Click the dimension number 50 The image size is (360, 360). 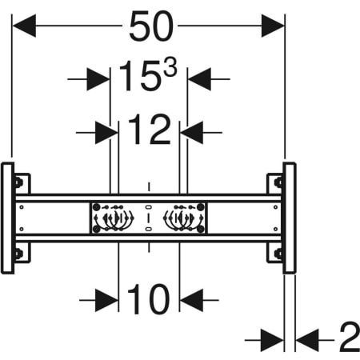151,26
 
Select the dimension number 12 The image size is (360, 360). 150,130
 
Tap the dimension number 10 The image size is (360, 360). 148,298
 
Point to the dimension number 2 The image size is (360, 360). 350,337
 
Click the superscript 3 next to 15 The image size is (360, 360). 170,68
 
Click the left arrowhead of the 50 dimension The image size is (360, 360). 24,26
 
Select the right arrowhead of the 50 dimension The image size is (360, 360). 273,26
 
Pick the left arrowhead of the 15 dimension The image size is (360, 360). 98,79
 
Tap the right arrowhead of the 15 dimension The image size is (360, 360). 199,79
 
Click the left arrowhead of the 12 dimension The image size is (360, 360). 106,133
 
